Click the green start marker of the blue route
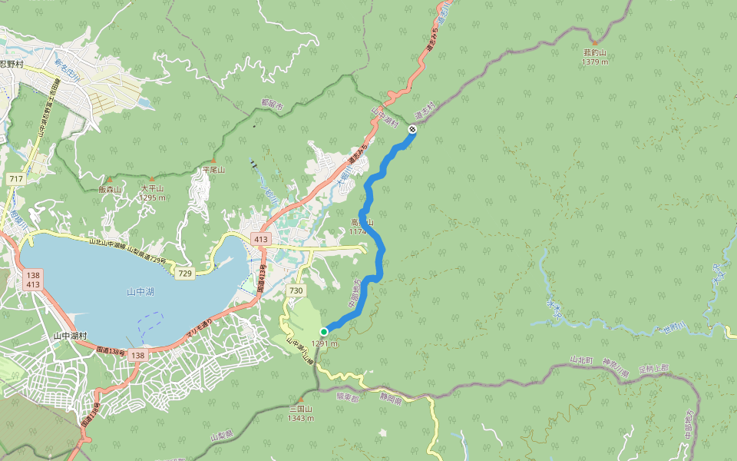(x=324, y=331)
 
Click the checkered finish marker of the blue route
(x=412, y=131)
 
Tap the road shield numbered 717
(x=14, y=178)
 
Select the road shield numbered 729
(x=184, y=274)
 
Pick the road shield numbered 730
(x=296, y=290)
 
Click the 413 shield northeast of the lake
(x=261, y=239)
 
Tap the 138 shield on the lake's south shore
(x=137, y=355)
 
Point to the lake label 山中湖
(x=140, y=292)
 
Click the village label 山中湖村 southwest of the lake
(x=71, y=336)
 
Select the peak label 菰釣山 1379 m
(x=595, y=57)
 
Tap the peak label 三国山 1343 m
(x=300, y=413)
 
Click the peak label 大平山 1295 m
(x=152, y=192)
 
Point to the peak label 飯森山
(x=111, y=189)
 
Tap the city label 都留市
(x=271, y=102)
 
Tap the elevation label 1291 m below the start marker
(x=324, y=343)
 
